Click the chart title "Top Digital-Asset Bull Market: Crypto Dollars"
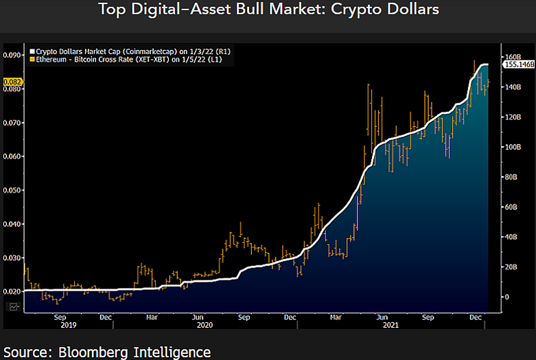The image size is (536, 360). pos(268,10)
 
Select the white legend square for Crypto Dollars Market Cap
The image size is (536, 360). pos(31,51)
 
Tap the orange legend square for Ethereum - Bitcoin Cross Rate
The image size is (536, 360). pos(31,60)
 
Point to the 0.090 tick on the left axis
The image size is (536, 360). pos(12,56)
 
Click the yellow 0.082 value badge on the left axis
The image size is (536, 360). pos(13,82)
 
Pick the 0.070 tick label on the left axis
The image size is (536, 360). pos(12,123)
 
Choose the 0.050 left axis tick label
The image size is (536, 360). pos(12,190)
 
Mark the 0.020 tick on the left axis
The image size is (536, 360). pos(12,291)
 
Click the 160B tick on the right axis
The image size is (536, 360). pos(513,56)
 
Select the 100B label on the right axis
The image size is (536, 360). pos(513,147)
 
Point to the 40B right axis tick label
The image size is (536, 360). pos(512,237)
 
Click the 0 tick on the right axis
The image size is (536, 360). pos(507,297)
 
